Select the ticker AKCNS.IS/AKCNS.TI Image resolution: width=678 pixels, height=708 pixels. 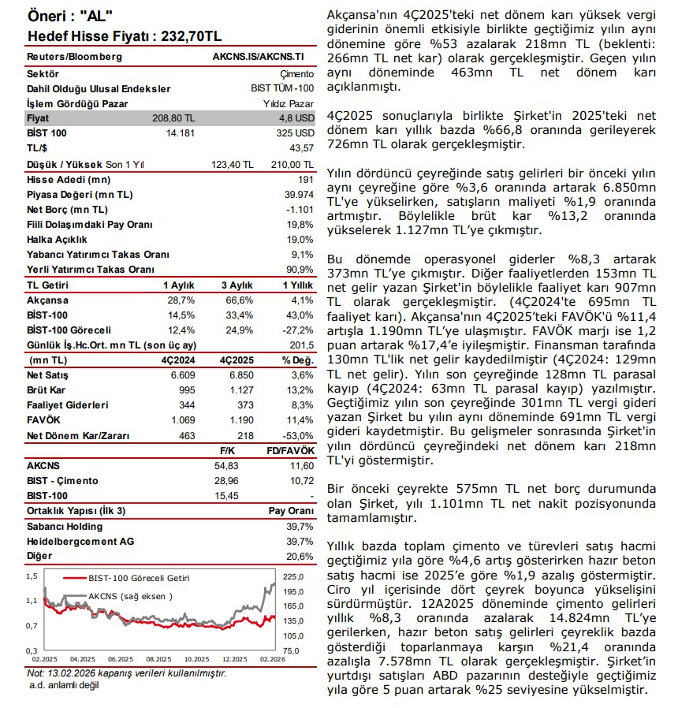(x=258, y=58)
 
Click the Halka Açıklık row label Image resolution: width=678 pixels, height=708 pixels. (x=55, y=240)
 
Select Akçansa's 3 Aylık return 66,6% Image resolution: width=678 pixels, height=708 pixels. (x=237, y=300)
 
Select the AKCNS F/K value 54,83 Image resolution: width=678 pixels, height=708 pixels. (x=237, y=466)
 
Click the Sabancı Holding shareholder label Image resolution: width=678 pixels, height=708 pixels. (x=65, y=526)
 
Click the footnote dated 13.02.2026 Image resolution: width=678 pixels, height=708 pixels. (x=127, y=673)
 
